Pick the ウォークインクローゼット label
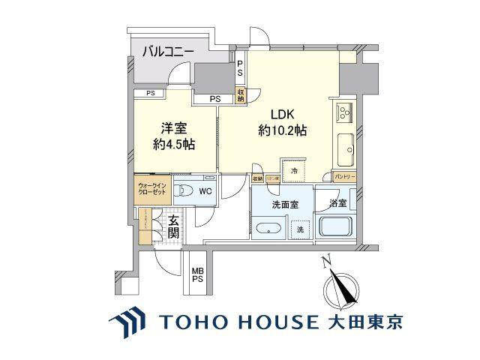[x=153, y=188]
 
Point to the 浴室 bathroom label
[x=336, y=202]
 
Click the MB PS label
[x=196, y=275]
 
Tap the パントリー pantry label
[x=345, y=177]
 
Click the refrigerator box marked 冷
[x=294, y=170]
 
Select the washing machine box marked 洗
[x=299, y=229]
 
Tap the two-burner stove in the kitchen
[x=345, y=114]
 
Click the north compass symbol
[x=335, y=289]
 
